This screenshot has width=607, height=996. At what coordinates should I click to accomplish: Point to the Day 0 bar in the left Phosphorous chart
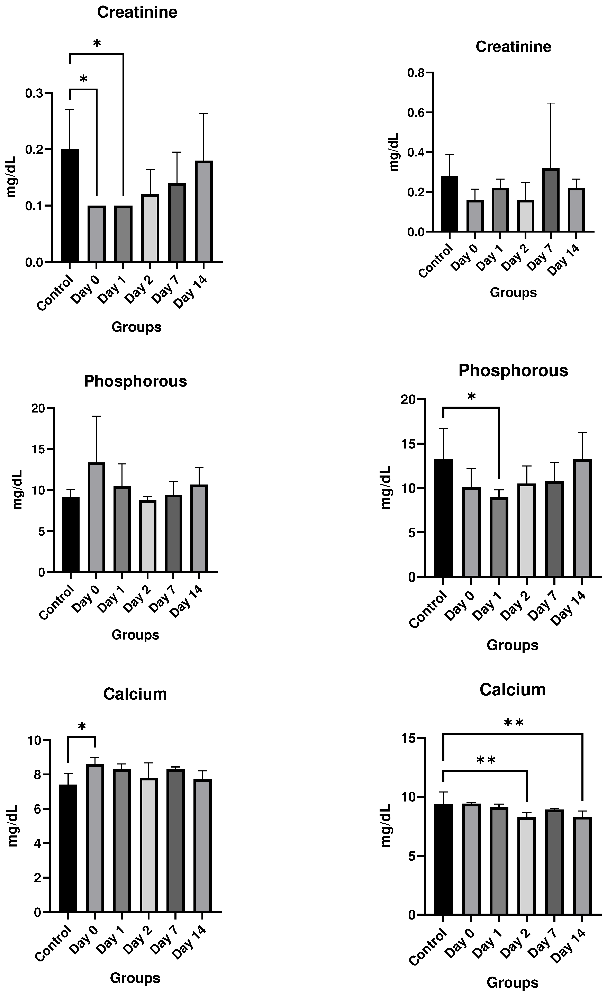(96, 517)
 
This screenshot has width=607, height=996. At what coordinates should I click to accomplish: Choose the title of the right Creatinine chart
(513, 47)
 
